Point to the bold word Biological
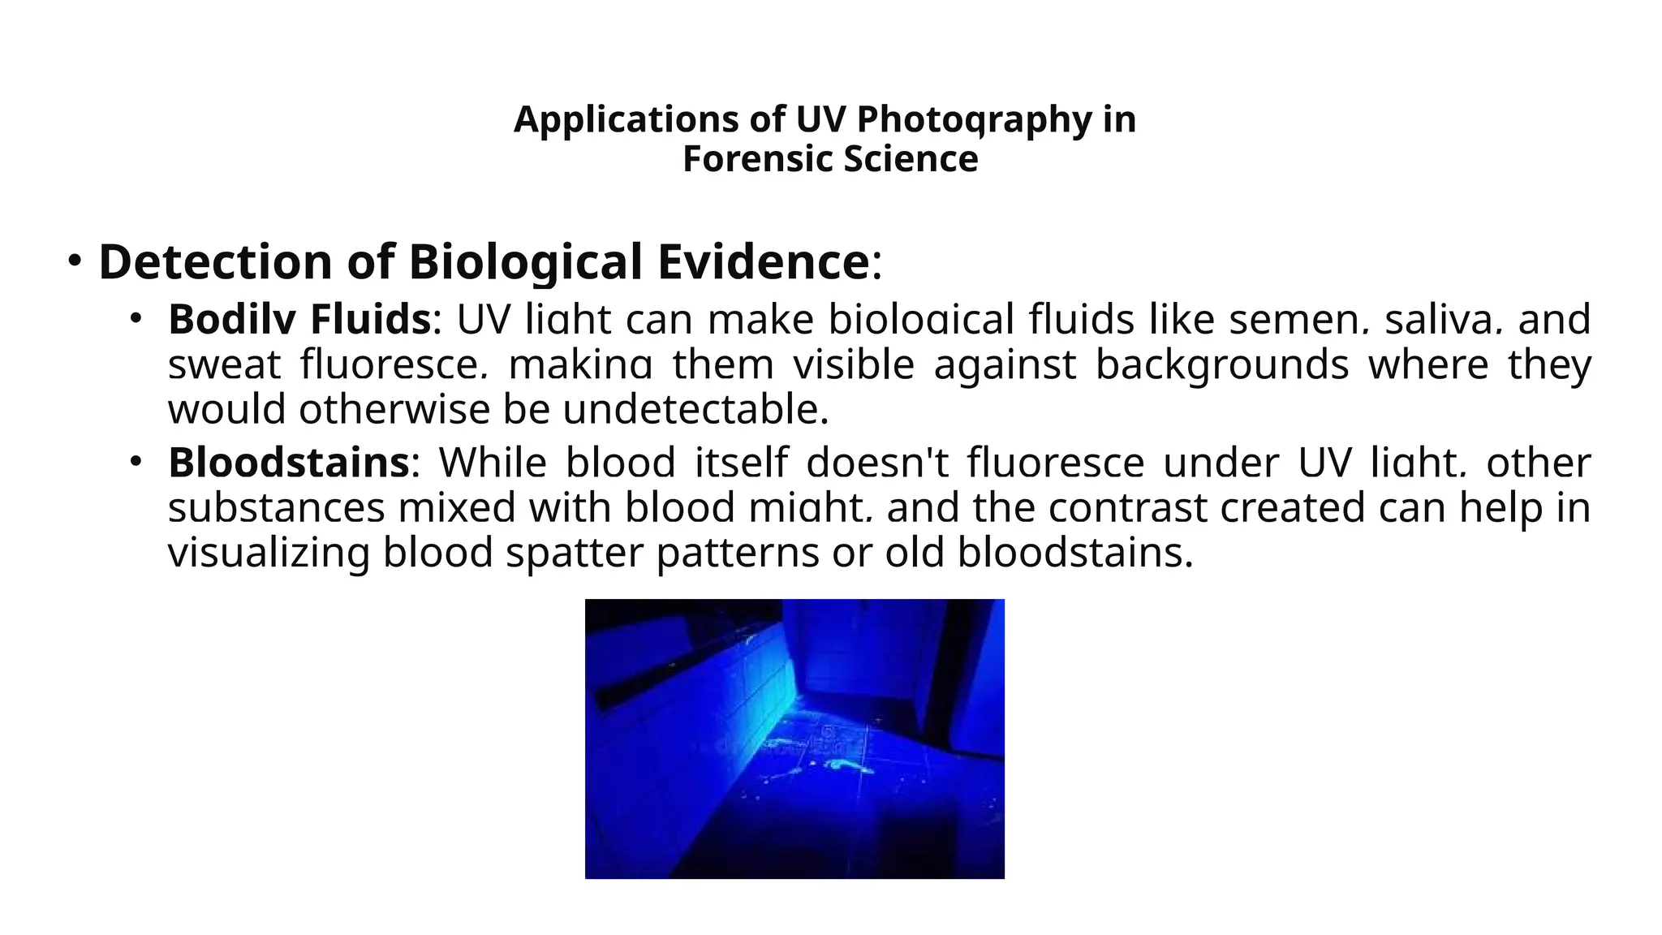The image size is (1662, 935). click(x=526, y=262)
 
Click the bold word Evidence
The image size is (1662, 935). click(x=763, y=262)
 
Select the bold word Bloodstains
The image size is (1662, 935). click(x=288, y=463)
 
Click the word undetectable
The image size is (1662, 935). click(x=695, y=409)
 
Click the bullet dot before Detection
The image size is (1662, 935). click(x=75, y=261)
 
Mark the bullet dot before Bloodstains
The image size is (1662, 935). click(x=136, y=462)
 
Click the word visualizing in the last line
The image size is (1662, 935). click(x=269, y=553)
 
